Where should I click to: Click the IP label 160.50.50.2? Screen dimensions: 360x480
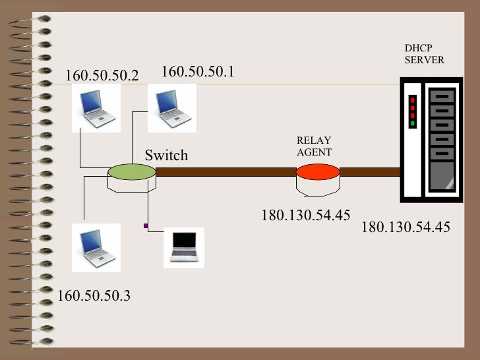tap(102, 75)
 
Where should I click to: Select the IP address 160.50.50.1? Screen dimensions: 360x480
tap(198, 71)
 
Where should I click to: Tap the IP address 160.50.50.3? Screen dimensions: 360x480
tap(94, 295)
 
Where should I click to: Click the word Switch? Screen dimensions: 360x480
tap(166, 156)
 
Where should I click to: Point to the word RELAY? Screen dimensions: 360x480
tap(314, 140)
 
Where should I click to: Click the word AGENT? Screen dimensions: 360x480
tap(314, 152)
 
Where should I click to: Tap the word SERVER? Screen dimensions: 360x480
tap(425, 60)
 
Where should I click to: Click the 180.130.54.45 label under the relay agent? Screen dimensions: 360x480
tap(305, 215)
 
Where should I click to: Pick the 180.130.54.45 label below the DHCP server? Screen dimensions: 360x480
tap(405, 227)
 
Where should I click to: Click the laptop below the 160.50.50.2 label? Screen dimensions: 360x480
tap(96, 108)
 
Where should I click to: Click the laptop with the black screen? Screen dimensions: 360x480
tap(184, 247)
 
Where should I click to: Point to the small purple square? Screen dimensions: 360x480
tap(146, 226)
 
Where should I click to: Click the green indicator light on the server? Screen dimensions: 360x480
tap(413, 123)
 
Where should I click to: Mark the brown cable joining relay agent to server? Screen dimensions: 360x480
tap(370, 172)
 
